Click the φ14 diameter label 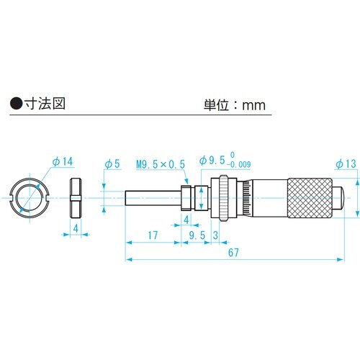[63, 161]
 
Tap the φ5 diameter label [113, 163]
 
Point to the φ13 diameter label [346, 164]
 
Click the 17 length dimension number [153, 235]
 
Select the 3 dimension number [215, 235]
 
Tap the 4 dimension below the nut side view [76, 228]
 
